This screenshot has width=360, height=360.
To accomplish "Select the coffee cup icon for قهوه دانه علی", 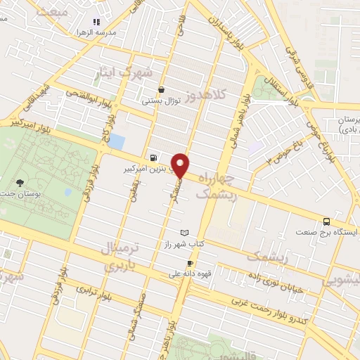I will click(x=190, y=264).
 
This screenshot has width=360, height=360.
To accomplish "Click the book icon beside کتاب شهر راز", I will click(x=185, y=232).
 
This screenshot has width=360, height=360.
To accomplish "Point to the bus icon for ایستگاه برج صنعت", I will click(x=327, y=219).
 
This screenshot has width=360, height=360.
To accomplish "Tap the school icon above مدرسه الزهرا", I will click(x=96, y=22).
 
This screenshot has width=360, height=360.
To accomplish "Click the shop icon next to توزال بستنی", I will click(x=162, y=89).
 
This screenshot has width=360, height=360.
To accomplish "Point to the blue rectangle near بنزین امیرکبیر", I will click(x=117, y=141).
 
